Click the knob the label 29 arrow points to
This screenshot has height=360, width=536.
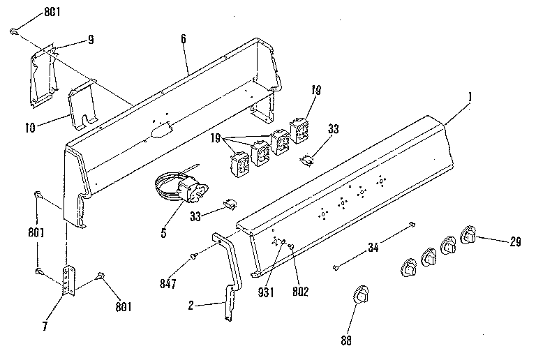point(468,235)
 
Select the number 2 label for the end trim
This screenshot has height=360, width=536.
point(191,306)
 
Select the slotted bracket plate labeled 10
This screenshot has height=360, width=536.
point(83,105)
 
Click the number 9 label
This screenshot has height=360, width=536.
point(90,40)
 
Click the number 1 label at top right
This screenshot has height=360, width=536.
point(470,96)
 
